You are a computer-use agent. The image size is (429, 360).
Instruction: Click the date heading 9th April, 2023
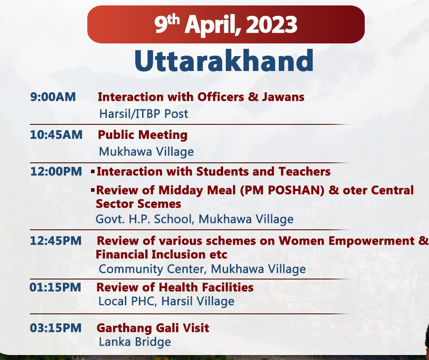tap(226, 24)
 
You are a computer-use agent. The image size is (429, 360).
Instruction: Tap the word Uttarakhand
tap(224, 61)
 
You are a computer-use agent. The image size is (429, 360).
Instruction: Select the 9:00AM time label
tap(53, 97)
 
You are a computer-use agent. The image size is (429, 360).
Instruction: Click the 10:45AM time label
tap(56, 135)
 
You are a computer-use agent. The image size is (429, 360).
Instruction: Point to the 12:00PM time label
tap(56, 172)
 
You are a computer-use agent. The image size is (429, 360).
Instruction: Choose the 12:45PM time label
tap(56, 241)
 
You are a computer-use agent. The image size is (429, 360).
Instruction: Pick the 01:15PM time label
tap(55, 287)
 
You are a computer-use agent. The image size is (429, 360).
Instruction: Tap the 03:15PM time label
tap(56, 328)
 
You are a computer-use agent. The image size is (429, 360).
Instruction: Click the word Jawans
tap(283, 97)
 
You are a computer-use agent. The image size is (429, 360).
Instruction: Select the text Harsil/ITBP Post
tap(143, 114)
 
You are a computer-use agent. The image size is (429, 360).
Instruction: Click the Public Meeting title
tap(143, 135)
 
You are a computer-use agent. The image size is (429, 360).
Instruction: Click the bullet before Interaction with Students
tap(93, 172)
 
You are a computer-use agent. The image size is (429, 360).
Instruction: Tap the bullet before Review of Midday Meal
tap(93, 189)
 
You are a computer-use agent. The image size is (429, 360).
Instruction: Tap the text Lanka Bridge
tap(135, 342)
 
